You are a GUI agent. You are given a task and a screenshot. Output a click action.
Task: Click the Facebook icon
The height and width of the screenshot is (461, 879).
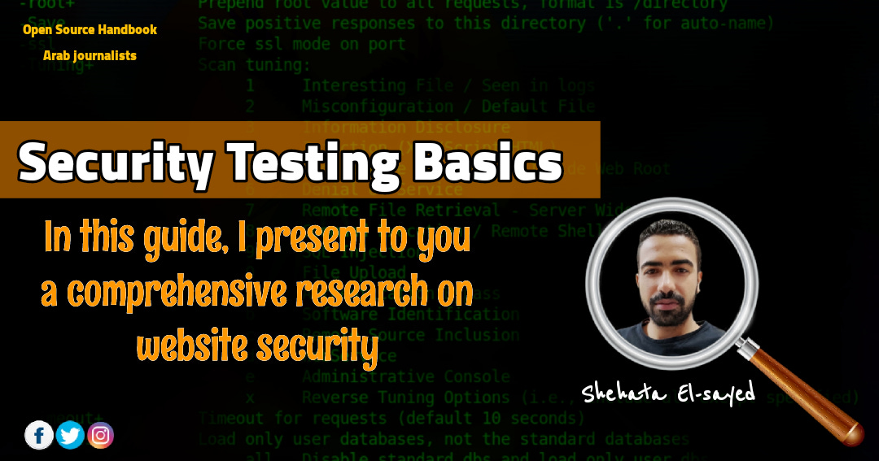pos(39,435)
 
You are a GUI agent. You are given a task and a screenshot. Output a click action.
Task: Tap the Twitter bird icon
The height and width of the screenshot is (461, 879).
pos(70,435)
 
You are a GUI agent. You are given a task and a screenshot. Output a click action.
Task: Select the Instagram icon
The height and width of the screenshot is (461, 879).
pos(100,435)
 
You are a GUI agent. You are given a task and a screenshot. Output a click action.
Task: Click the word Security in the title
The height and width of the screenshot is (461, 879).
pos(115,163)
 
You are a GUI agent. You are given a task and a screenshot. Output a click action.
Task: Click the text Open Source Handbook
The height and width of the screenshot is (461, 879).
pos(90,30)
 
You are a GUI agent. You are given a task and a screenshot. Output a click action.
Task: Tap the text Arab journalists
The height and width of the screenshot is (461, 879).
pos(90,56)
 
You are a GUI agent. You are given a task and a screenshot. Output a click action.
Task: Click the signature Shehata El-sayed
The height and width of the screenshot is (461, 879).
pos(667,392)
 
